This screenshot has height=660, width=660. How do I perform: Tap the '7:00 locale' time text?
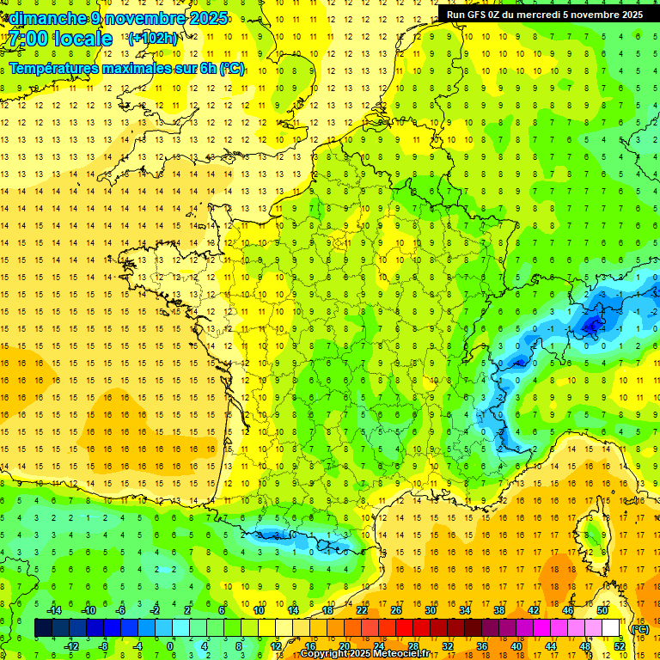pyautogui.click(x=60, y=39)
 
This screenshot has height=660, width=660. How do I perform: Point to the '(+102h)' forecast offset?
pyautogui.click(x=153, y=38)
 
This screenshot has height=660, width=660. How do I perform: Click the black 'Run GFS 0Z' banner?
pyautogui.click(x=544, y=15)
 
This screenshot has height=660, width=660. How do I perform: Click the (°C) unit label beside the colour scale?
pyautogui.click(x=639, y=629)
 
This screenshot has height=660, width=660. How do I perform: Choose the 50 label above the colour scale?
pyautogui.click(x=602, y=610)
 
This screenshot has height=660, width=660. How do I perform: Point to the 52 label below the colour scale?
pyautogui.click(x=619, y=646)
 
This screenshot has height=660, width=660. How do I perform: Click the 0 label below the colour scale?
pyautogui.click(x=170, y=646)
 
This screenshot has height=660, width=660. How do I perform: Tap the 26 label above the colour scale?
pyautogui.click(x=396, y=610)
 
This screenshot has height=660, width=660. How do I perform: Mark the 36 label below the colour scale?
pyautogui.click(x=481, y=646)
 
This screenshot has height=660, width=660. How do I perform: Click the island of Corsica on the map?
pyautogui.click(x=587, y=533)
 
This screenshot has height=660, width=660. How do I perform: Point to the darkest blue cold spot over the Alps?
pyautogui.click(x=591, y=325)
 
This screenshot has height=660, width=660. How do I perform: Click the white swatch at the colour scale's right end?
pyautogui.click(x=610, y=628)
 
